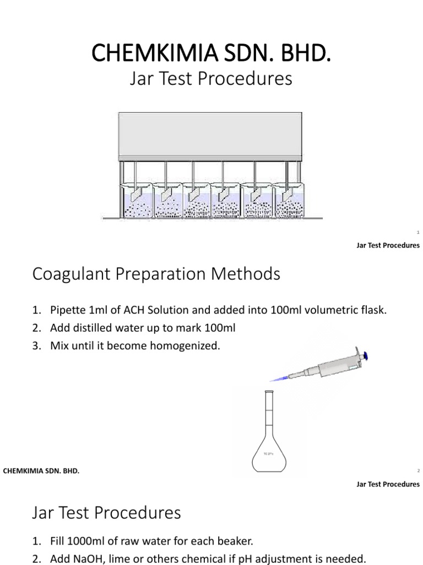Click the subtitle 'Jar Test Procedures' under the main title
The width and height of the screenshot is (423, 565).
pyautogui.click(x=211, y=79)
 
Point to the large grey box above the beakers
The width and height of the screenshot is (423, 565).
pyautogui.click(x=211, y=136)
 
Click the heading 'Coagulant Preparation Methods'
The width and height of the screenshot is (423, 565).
pyautogui.click(x=156, y=274)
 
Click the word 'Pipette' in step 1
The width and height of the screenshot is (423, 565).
pyautogui.click(x=68, y=310)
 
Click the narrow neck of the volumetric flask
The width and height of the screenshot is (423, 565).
pyautogui.click(x=269, y=411)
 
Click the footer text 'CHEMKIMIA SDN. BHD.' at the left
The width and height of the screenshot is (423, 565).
pyautogui.click(x=42, y=471)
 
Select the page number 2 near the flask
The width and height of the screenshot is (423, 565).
pyautogui.click(x=419, y=471)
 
